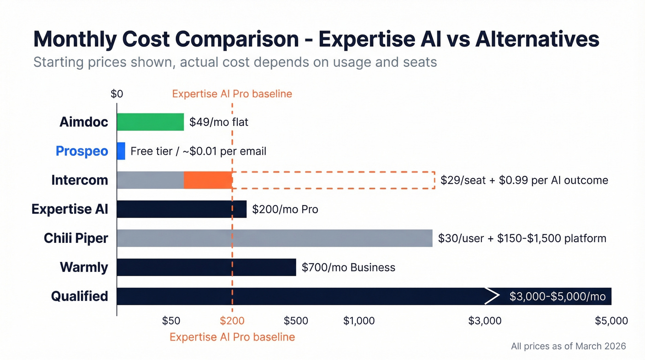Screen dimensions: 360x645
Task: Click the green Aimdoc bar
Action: (x=150, y=122)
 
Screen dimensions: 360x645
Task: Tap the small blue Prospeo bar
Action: (x=121, y=151)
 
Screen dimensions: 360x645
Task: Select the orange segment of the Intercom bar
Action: (x=208, y=180)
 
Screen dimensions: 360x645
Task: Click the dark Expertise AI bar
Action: (x=182, y=209)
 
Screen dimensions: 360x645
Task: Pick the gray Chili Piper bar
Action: (x=275, y=238)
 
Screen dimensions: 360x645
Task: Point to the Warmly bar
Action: (x=206, y=267)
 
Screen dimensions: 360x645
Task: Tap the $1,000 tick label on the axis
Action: (x=359, y=321)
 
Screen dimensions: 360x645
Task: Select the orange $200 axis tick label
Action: (x=232, y=321)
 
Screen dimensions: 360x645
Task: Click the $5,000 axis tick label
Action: (x=611, y=321)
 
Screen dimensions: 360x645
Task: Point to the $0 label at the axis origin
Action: (x=117, y=94)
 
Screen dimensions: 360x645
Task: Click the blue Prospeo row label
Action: (x=82, y=151)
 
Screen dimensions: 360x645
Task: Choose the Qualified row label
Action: (x=79, y=296)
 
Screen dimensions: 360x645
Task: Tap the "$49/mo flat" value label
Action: (x=219, y=123)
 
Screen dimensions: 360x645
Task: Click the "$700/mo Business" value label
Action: (x=348, y=267)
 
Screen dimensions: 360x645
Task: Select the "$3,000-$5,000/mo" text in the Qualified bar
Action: (x=557, y=297)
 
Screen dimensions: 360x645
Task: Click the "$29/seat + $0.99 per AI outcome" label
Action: (x=524, y=180)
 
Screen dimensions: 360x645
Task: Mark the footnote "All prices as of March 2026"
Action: (x=569, y=346)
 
